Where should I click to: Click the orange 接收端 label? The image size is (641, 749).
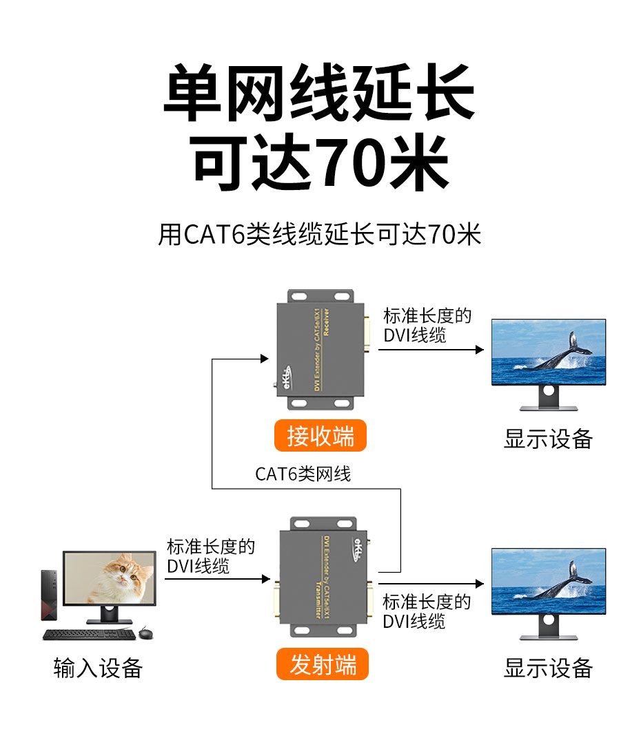[x=320, y=436]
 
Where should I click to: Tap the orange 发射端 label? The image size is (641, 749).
[x=322, y=665]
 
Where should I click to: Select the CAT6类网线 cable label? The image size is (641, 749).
[x=303, y=474]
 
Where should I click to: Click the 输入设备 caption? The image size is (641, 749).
[x=98, y=668]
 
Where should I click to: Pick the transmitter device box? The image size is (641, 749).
[x=321, y=578]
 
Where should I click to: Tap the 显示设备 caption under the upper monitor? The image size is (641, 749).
[x=548, y=439]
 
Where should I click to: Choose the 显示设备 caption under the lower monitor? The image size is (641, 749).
[x=548, y=668]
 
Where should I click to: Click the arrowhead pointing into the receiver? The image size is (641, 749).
[x=264, y=358]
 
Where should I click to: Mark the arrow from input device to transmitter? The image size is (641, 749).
[x=217, y=579]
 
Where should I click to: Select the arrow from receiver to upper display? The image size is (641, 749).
[x=431, y=350]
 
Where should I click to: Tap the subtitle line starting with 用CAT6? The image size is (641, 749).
[x=320, y=235]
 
